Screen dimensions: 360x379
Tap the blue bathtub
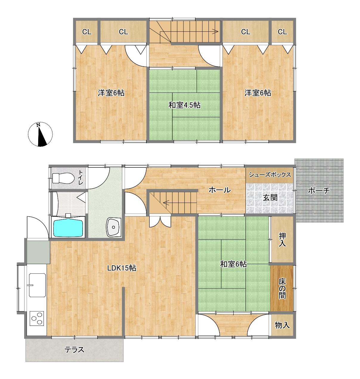(x=68, y=228)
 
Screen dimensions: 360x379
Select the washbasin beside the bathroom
(x=114, y=227)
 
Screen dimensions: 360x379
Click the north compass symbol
(x=40, y=134)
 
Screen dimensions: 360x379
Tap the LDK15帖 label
(x=122, y=268)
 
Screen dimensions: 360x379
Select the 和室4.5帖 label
(x=184, y=105)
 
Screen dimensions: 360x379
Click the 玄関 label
(x=270, y=198)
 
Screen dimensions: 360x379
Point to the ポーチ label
(x=319, y=191)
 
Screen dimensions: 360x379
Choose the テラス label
(x=74, y=349)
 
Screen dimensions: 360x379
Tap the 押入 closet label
(x=282, y=240)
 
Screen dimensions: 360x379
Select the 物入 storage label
(x=282, y=325)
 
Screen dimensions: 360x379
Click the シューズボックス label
(x=270, y=175)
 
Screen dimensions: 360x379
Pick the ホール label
(x=220, y=190)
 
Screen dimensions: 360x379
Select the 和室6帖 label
(x=233, y=264)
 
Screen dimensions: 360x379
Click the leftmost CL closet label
(x=87, y=32)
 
